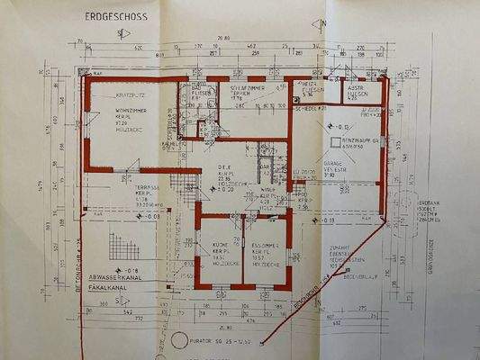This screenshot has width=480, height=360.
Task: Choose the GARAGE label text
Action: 336,165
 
